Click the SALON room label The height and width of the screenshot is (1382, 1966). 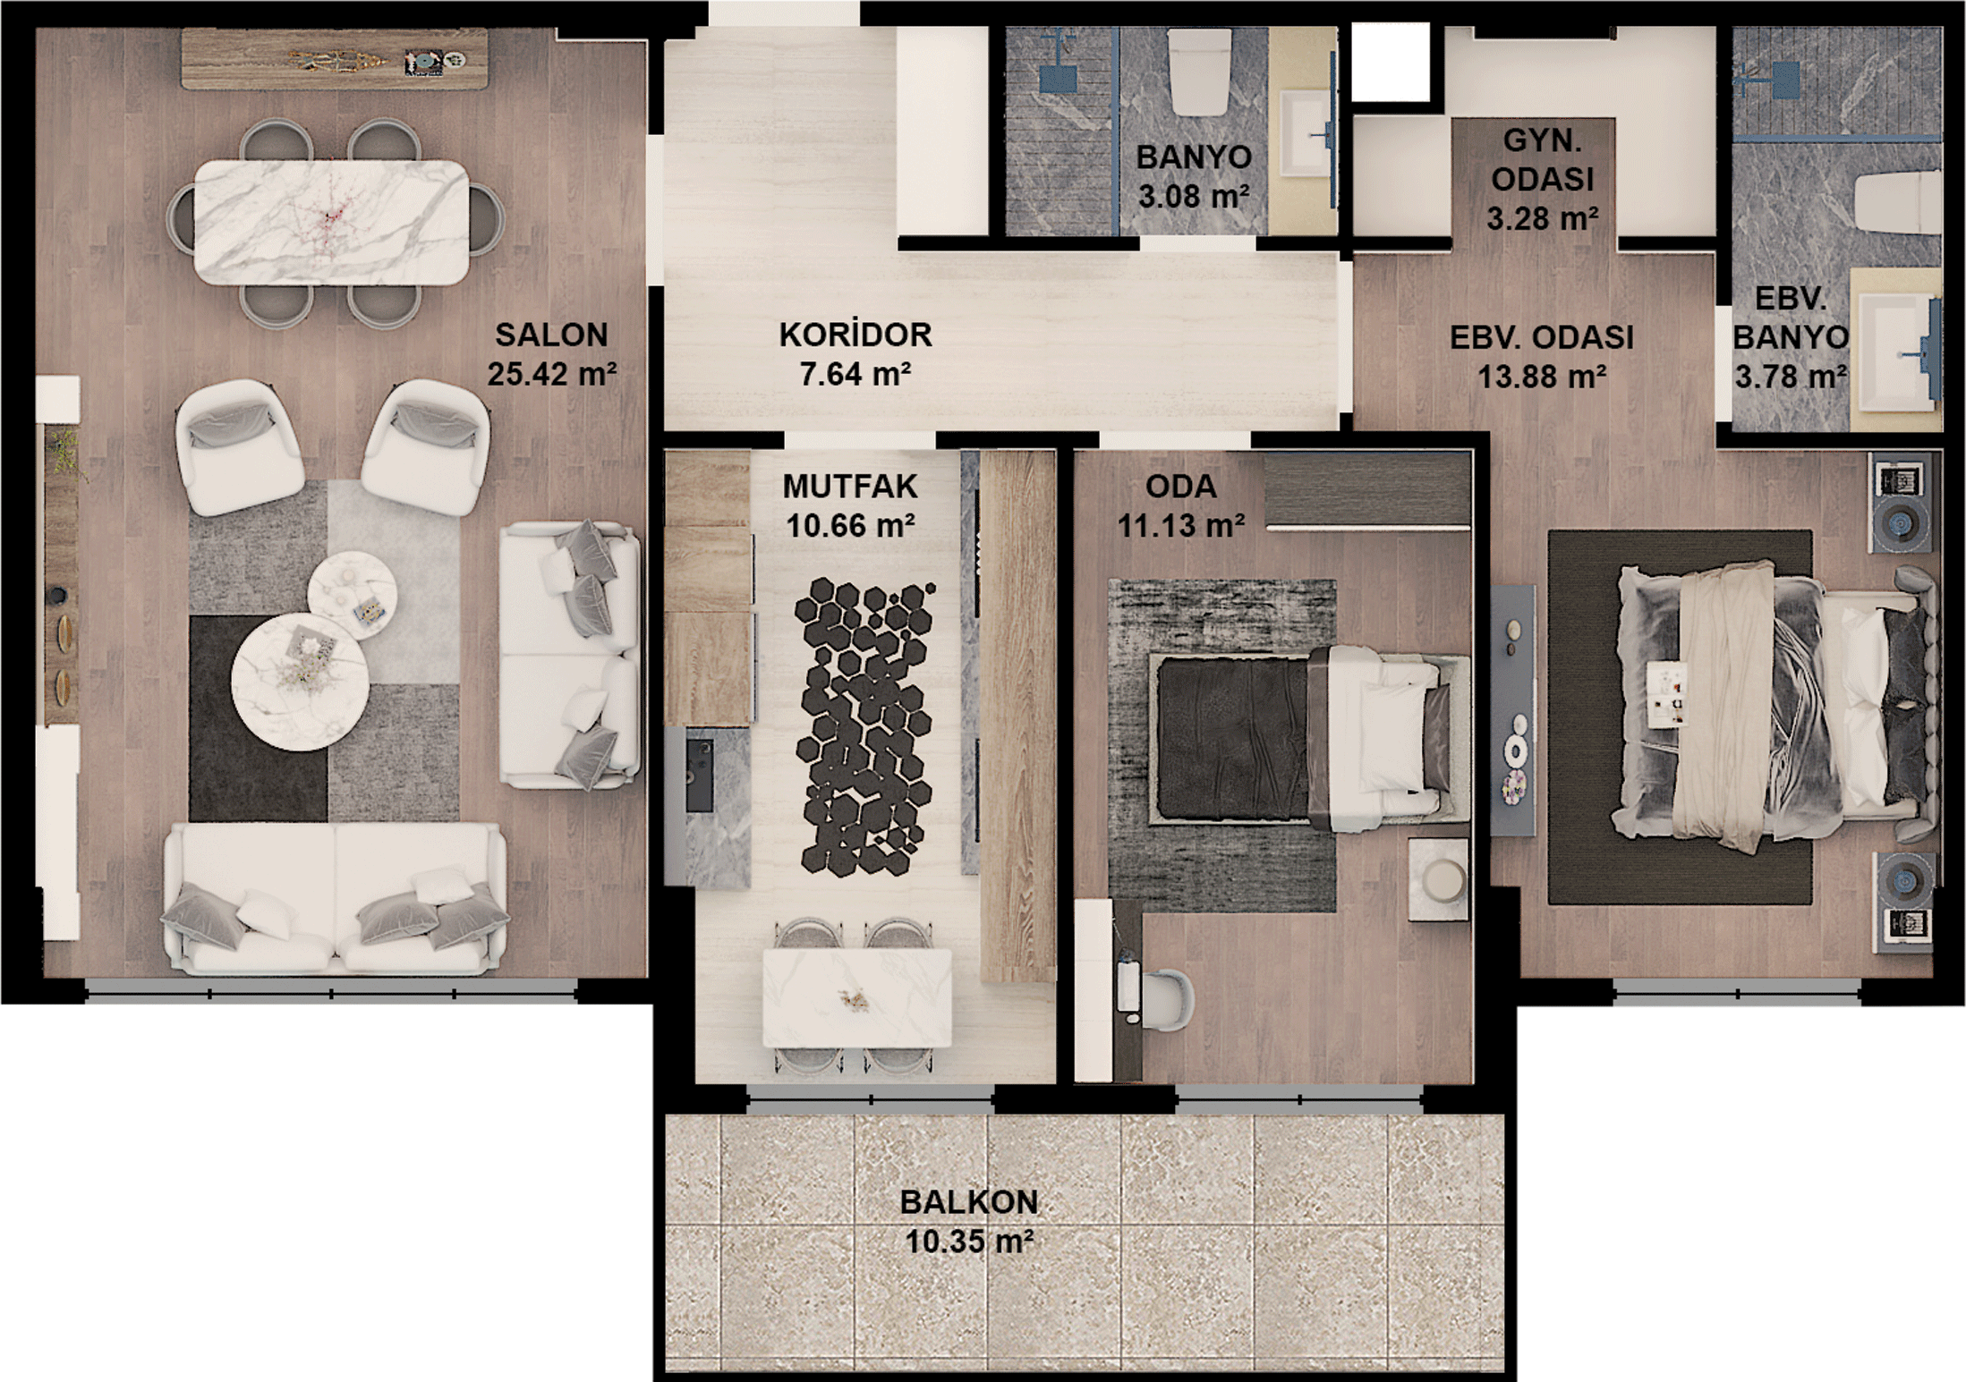click(551, 335)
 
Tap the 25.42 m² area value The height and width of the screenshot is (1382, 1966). click(551, 373)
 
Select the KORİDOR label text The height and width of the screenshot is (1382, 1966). click(855, 335)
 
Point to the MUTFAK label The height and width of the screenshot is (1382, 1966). click(850, 487)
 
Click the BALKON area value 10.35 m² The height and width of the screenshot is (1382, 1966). click(969, 1242)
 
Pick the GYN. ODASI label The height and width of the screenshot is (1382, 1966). click(1542, 160)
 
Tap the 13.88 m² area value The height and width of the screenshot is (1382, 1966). click(1541, 377)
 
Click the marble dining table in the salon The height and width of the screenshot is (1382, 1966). click(331, 222)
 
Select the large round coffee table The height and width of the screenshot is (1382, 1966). click(300, 681)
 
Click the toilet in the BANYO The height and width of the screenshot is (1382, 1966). click(1200, 73)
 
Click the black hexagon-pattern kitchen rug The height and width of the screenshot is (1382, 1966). click(864, 726)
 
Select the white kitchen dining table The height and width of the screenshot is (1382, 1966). click(856, 997)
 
